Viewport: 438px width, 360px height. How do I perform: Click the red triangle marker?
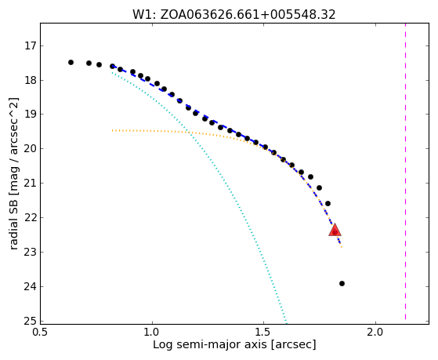(x=335, y=231)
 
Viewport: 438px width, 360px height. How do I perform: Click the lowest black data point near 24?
(x=342, y=284)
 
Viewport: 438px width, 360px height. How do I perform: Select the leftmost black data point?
(x=71, y=63)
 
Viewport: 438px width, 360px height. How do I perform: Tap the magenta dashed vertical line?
(x=405, y=172)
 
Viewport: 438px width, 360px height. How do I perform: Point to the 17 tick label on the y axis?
(x=30, y=45)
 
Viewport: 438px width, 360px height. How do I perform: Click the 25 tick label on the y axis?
(x=30, y=321)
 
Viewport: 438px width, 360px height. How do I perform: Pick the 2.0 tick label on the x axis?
(x=375, y=332)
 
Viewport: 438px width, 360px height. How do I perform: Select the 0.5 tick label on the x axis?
(x=41, y=332)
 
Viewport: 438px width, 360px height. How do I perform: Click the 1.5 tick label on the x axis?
(x=264, y=332)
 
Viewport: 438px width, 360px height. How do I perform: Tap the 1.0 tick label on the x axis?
(x=152, y=332)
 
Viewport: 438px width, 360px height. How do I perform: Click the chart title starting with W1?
(x=234, y=15)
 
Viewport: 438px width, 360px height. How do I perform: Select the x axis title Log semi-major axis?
(x=234, y=344)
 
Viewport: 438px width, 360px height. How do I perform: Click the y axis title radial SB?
(x=13, y=173)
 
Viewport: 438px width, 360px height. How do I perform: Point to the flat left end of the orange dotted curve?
(x=112, y=130)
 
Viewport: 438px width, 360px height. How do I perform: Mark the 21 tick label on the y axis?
(x=30, y=184)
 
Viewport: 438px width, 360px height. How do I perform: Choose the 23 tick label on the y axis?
(x=30, y=253)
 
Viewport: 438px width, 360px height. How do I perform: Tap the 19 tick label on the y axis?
(x=30, y=115)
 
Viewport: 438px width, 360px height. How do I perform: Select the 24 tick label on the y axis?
(x=30, y=287)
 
